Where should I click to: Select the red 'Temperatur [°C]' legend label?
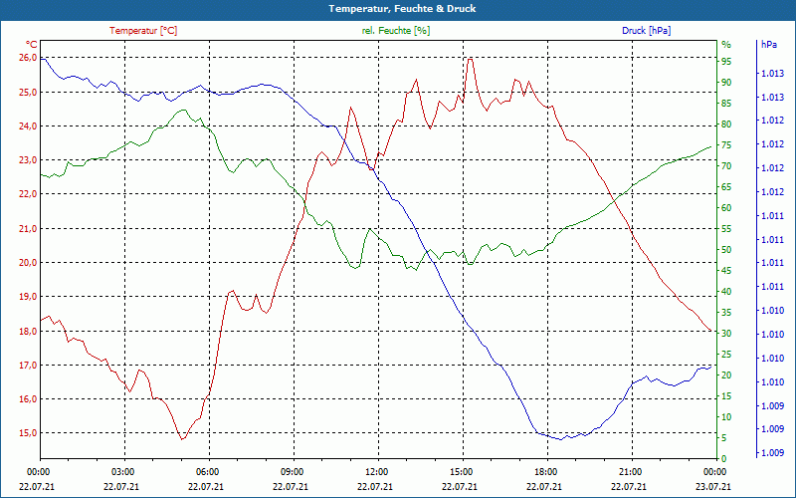[x=143, y=31]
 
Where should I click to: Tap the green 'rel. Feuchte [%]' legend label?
[x=395, y=31]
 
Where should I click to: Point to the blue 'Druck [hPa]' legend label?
[x=646, y=31]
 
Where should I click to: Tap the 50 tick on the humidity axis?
[x=726, y=250]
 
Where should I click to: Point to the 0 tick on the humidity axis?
[x=723, y=459]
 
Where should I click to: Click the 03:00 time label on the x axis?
[x=122, y=471]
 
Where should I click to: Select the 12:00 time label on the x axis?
[x=377, y=471]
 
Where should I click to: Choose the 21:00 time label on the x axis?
[x=630, y=471]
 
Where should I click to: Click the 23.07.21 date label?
[x=714, y=486]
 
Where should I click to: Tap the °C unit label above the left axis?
[x=32, y=45]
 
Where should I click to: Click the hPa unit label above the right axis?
[x=768, y=45]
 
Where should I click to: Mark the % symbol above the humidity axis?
[x=725, y=45]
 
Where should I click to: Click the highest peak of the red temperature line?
[x=470, y=58]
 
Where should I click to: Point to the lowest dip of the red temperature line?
[x=182, y=439]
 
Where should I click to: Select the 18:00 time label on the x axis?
[x=545, y=471]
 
